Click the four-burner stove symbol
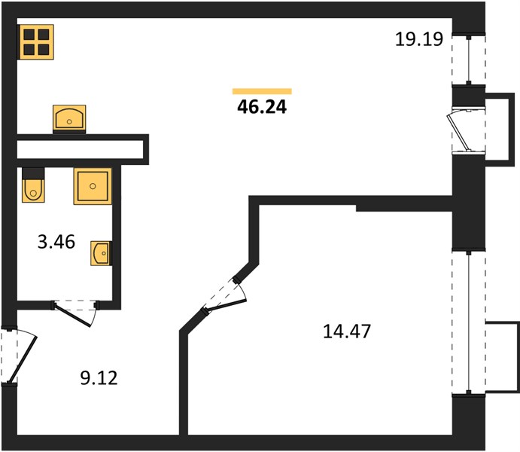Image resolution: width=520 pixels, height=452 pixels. click(x=37, y=42)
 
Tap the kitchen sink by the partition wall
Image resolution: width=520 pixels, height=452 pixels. click(x=69, y=118)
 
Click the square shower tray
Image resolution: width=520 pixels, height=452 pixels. click(x=93, y=186)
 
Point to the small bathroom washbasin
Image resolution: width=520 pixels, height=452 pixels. click(x=101, y=253)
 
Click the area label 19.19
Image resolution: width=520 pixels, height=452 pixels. click(x=419, y=39)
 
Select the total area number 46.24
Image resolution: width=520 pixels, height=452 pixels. click(x=262, y=107)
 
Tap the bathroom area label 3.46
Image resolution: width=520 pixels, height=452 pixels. click(x=56, y=242)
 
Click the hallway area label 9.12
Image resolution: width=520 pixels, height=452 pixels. click(x=99, y=378)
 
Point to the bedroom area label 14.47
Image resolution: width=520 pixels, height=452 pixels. click(x=347, y=331)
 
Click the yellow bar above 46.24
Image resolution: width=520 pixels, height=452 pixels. click(x=262, y=91)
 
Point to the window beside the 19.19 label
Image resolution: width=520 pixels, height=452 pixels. click(x=468, y=60)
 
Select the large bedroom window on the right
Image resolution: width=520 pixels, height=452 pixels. click(x=468, y=322)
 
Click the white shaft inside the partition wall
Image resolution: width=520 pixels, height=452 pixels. click(x=80, y=149)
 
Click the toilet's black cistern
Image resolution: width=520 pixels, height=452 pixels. click(x=33, y=173)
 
